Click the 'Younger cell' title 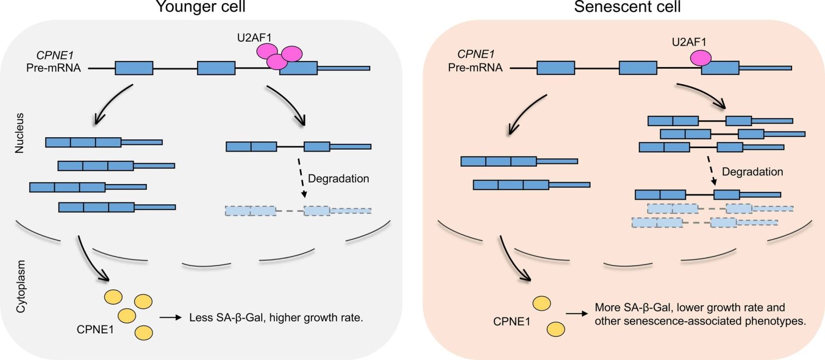tap(201, 7)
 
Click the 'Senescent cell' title tap(627, 7)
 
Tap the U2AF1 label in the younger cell tap(254, 37)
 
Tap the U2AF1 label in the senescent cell tap(689, 42)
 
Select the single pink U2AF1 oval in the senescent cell tap(701, 58)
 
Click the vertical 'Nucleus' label tap(20, 134)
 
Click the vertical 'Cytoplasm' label tap(21, 286)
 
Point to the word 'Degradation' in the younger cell tap(338, 179)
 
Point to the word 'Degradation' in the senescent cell tap(752, 172)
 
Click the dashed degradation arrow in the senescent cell tap(712, 173)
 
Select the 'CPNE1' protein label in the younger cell tap(95, 329)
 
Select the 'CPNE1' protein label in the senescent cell tap(511, 322)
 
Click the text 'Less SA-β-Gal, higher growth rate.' tap(276, 318)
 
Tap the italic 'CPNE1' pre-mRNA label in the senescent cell tap(476, 54)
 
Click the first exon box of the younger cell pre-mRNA tap(134, 68)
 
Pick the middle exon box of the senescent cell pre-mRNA tap(638, 68)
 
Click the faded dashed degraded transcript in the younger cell tap(298, 210)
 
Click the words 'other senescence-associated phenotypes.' tap(700, 321)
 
